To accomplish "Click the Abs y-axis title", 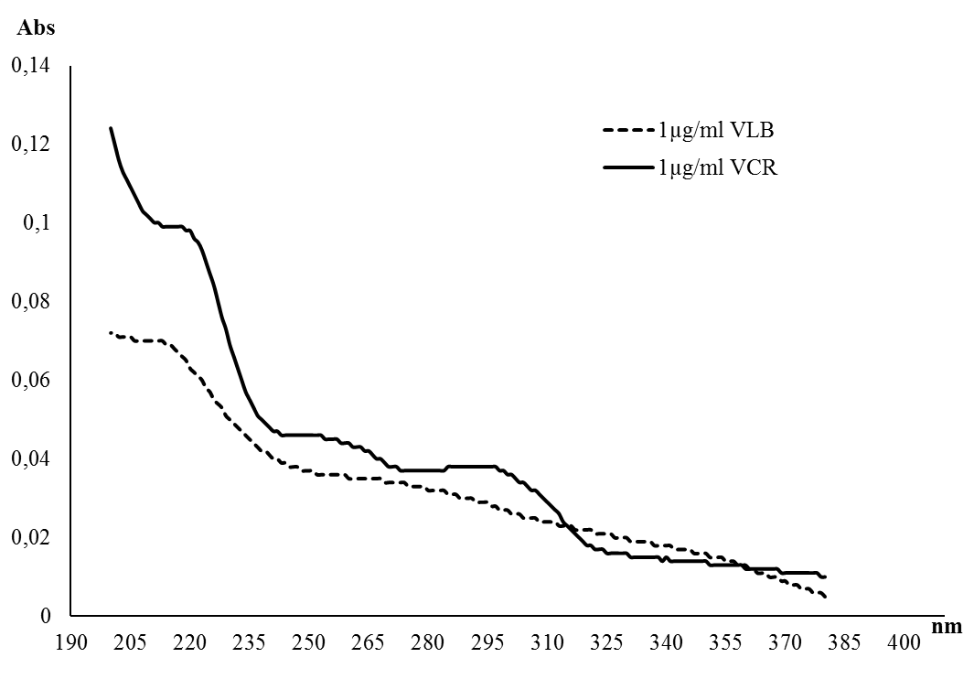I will [37, 27].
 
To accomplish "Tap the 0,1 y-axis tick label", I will [37, 223].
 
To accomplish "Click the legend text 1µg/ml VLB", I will [716, 130].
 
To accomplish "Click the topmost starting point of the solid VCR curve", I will [111, 128].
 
